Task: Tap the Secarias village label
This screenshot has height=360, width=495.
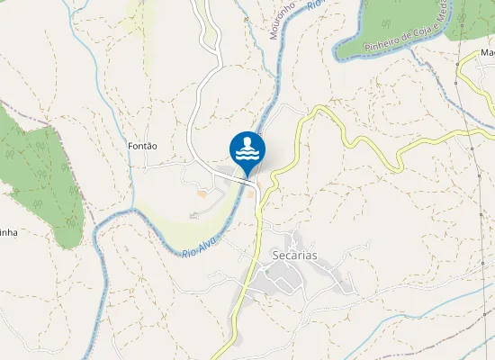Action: click(x=294, y=256)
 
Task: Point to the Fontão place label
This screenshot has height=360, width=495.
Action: click(x=143, y=146)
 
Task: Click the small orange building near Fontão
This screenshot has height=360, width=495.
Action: click(x=202, y=193)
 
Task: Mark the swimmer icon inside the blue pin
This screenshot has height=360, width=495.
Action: click(x=247, y=144)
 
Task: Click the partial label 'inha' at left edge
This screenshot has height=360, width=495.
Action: click(x=8, y=232)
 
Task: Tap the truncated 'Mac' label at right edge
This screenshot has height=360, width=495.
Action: click(x=487, y=51)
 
